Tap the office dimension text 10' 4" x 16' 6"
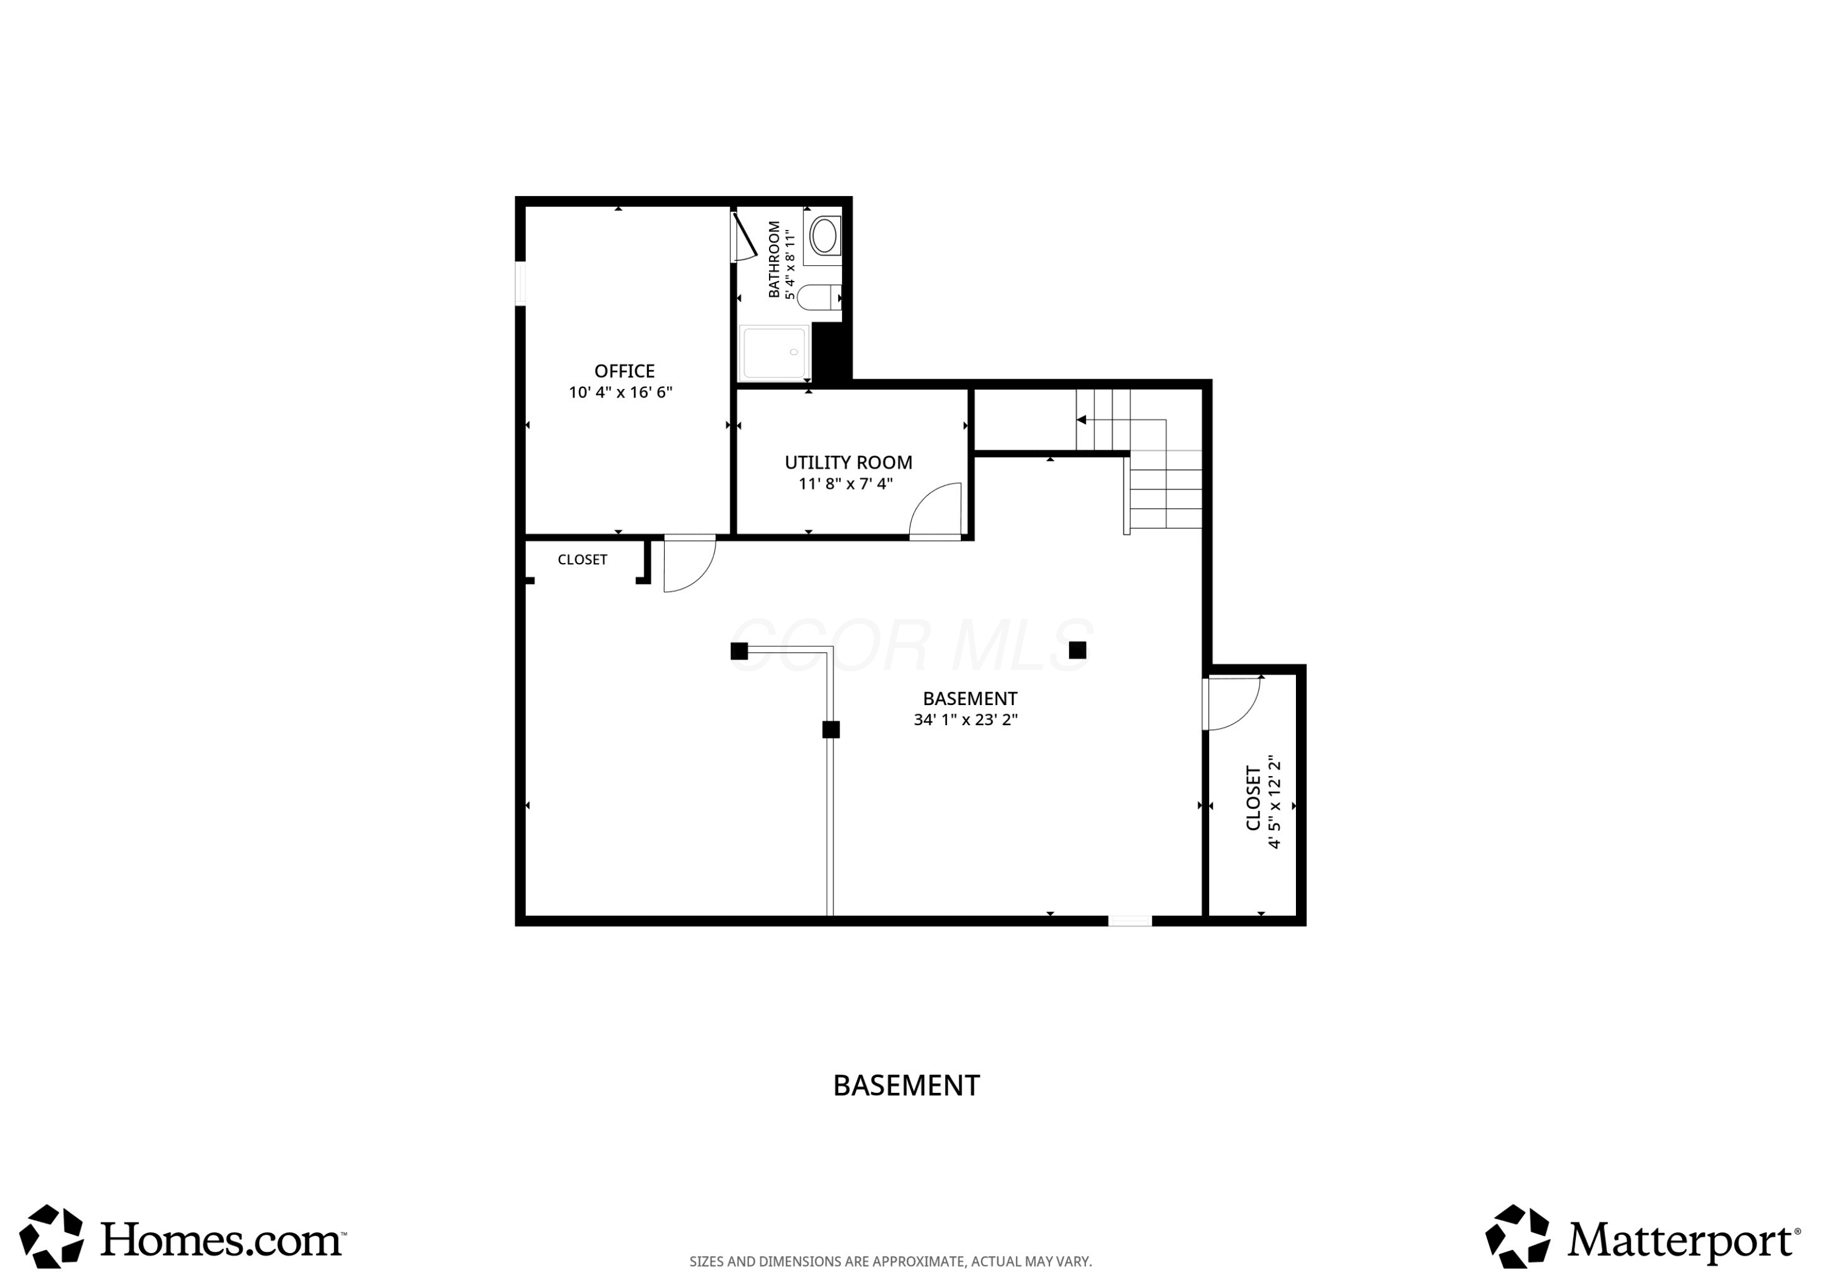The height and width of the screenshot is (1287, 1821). coord(620,393)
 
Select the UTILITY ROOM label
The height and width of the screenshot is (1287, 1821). coord(848,462)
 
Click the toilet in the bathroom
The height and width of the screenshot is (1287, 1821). coord(818,297)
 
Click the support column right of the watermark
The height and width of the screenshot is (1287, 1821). coord(1077,650)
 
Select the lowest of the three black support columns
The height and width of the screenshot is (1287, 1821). coord(830,729)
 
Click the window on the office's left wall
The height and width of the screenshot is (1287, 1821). coord(520,283)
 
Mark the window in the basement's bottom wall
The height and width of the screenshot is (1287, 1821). coord(1130,920)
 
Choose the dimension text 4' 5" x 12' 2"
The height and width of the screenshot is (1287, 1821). coord(1275,802)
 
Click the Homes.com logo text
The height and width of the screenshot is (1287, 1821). coord(223,1240)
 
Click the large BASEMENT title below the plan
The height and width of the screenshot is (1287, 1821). coord(906,1086)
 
